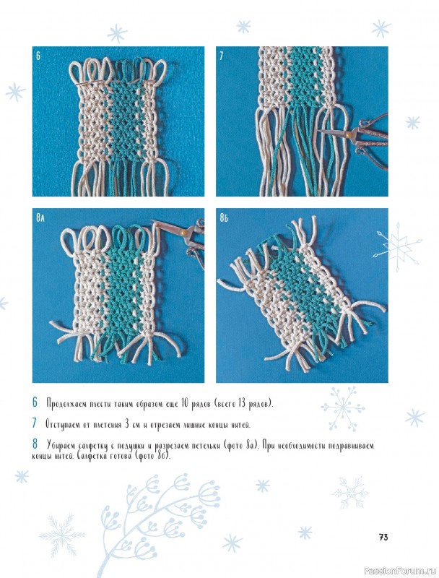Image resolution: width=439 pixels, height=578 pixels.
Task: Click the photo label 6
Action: point(38,56)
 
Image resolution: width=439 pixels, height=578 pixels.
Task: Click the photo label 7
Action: point(221,56)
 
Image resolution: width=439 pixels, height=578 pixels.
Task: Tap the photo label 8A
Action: point(40,218)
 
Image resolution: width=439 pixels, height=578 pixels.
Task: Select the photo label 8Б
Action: point(224,218)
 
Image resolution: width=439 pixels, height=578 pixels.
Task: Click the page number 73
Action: point(383,538)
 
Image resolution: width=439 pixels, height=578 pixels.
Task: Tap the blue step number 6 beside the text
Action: point(35,402)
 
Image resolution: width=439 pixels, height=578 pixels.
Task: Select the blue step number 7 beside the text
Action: point(35,423)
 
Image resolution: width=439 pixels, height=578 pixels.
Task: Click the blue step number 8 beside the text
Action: point(35,444)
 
